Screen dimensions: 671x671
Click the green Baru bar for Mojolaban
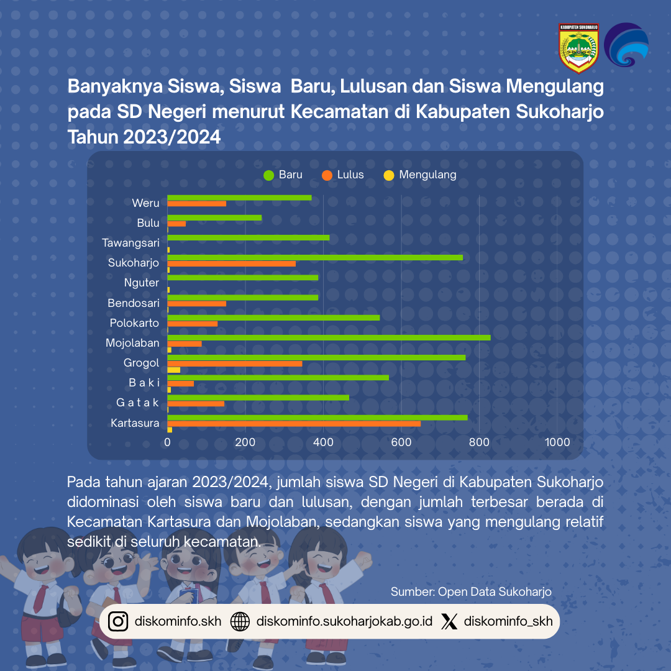(x=329, y=337)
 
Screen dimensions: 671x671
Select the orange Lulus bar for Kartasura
(x=294, y=424)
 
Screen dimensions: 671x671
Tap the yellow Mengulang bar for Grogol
(x=174, y=370)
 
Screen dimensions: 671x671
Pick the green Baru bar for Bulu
(x=214, y=217)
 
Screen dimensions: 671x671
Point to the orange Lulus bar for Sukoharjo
(x=231, y=263)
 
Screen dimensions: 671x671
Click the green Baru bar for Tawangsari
(x=249, y=237)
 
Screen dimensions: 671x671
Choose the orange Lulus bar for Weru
(x=196, y=204)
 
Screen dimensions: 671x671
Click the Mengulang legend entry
(x=427, y=175)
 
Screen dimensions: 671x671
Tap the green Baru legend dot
(x=268, y=175)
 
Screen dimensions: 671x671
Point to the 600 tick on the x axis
(x=401, y=442)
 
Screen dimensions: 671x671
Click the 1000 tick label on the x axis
(x=557, y=442)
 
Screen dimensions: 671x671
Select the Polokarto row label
(x=134, y=323)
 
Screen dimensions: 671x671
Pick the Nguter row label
(x=142, y=283)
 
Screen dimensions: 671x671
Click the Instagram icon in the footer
(x=118, y=621)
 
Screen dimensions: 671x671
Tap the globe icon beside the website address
(x=240, y=621)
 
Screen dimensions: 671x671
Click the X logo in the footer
(x=449, y=621)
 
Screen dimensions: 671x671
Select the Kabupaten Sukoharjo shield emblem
(x=578, y=48)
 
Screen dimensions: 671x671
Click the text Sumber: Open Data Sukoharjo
(x=471, y=591)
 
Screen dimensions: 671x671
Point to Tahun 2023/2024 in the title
(x=144, y=137)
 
